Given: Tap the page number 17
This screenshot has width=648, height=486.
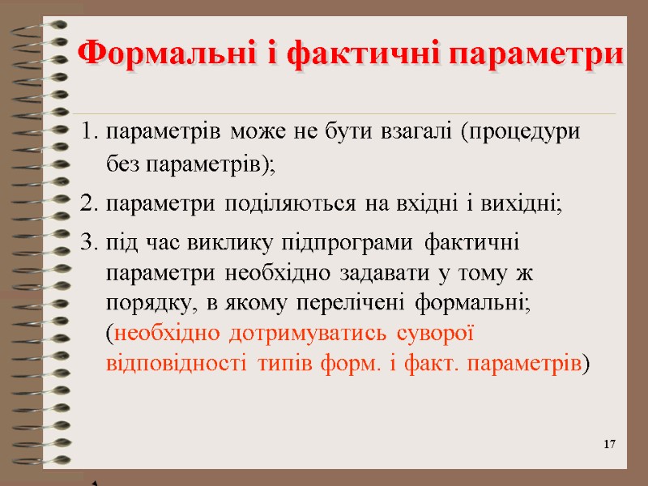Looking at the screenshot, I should [x=610, y=445].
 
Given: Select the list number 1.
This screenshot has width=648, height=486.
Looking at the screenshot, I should [x=88, y=131].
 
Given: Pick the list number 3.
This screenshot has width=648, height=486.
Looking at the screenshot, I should [x=88, y=242].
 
